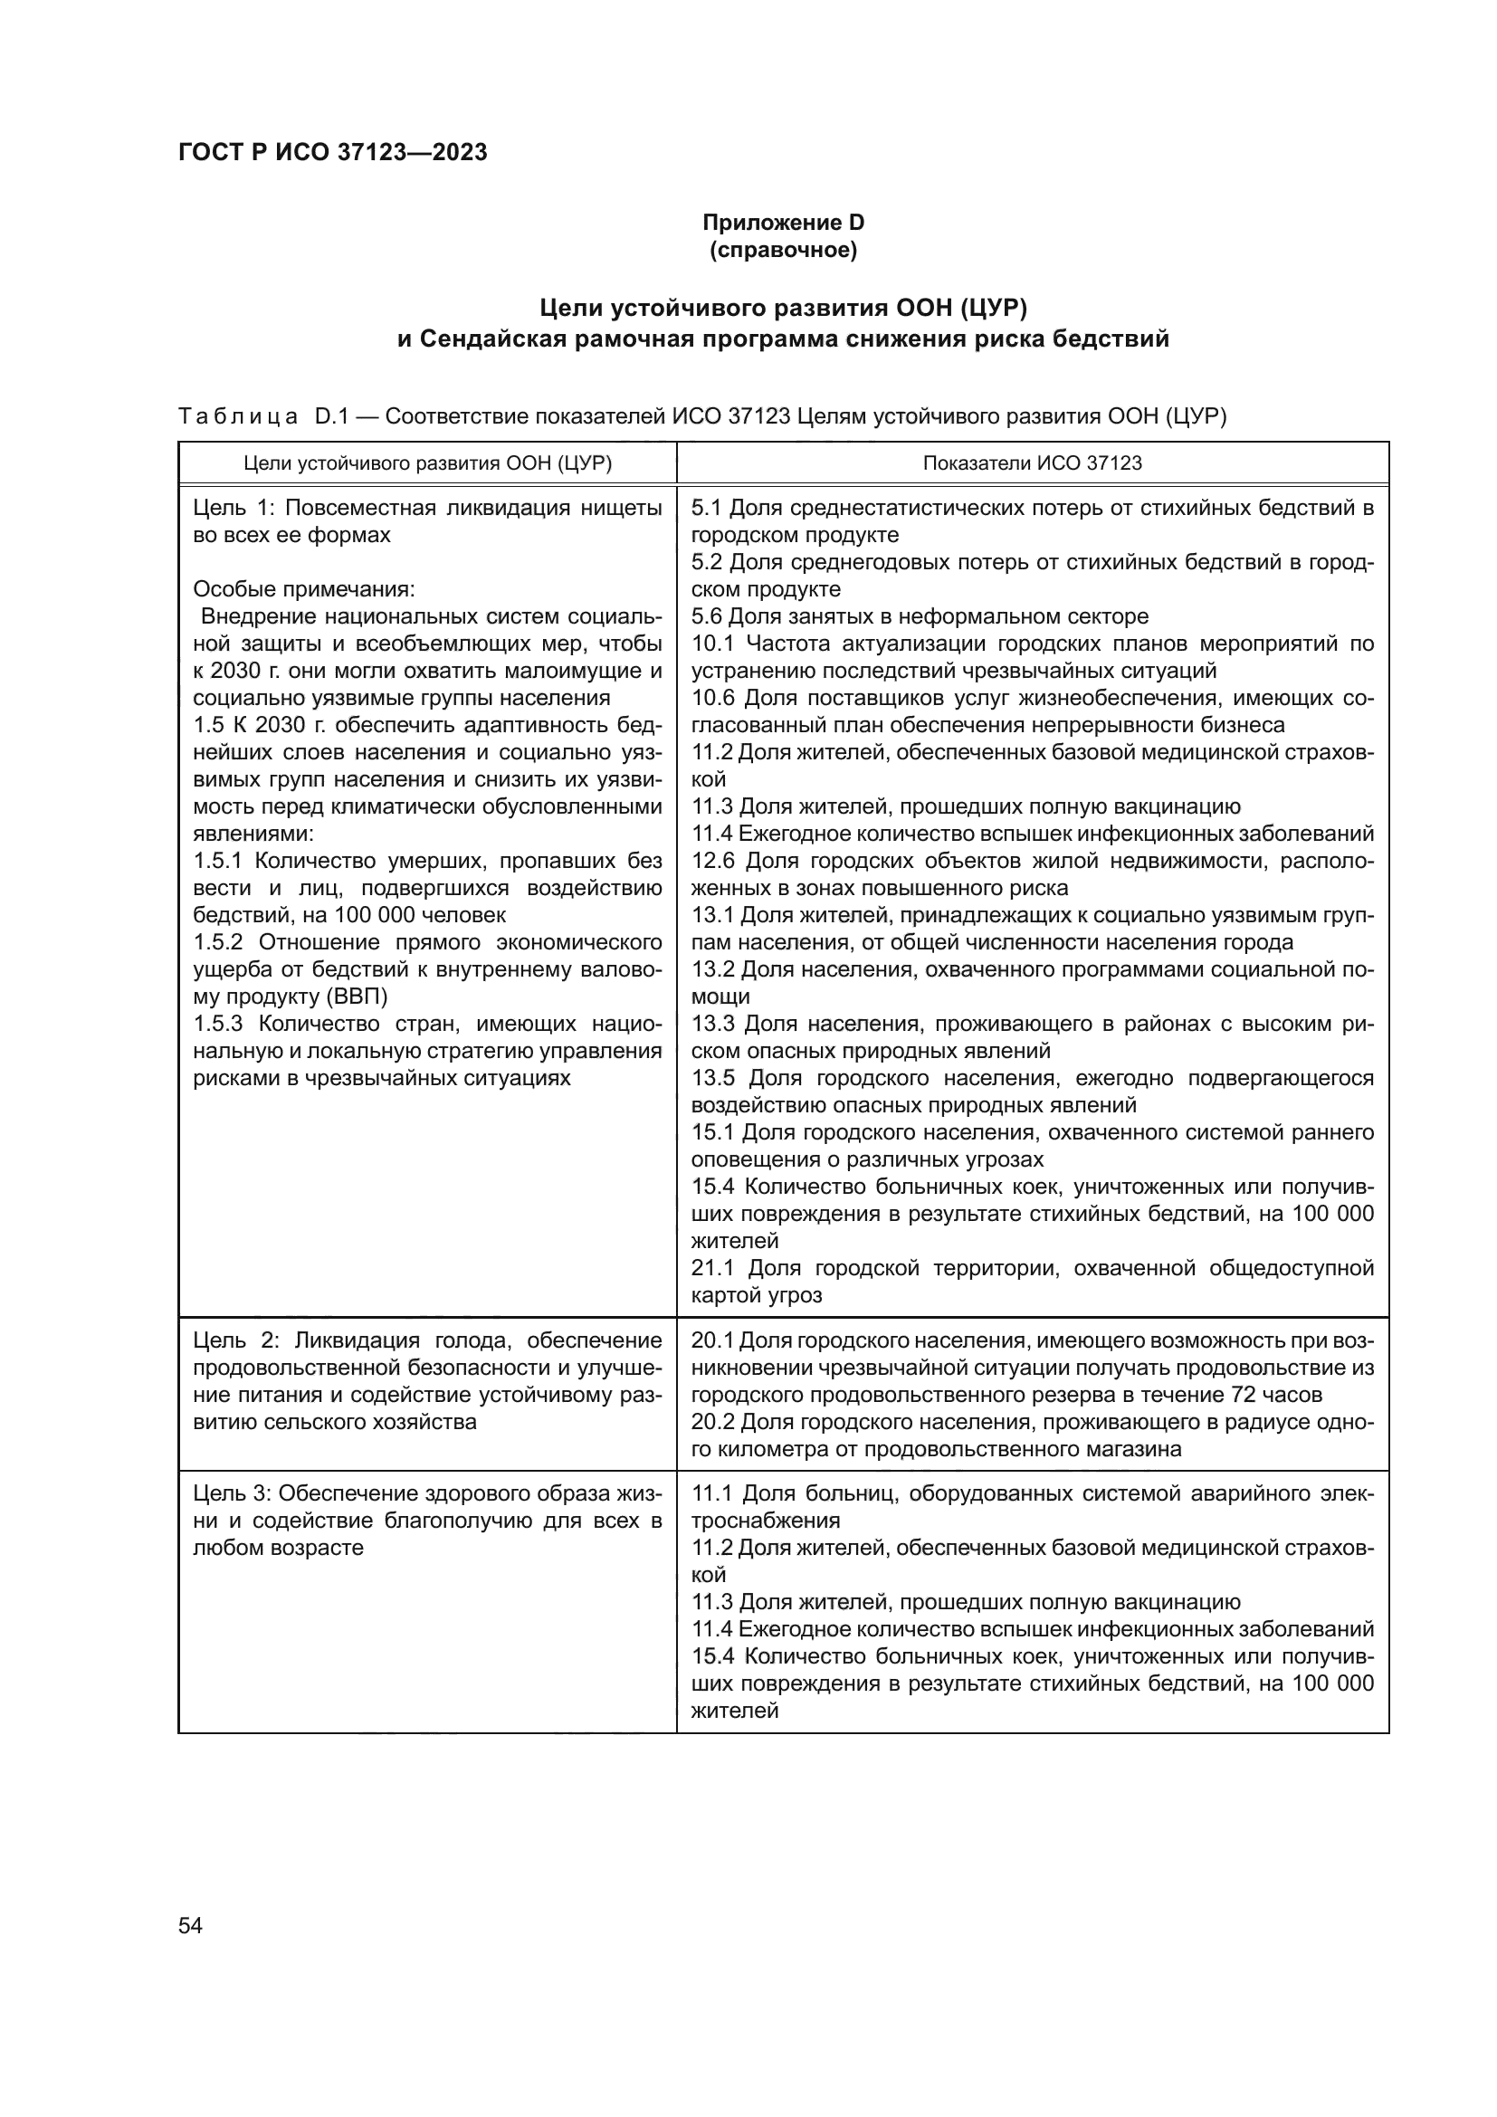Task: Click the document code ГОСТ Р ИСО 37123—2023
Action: (x=332, y=152)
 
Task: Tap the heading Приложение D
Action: (x=783, y=223)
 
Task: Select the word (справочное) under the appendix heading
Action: (x=783, y=250)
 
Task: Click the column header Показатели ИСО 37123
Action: (x=1032, y=462)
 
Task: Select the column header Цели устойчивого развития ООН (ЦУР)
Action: (x=428, y=462)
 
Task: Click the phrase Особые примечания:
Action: (x=304, y=589)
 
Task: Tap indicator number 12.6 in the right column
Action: (x=713, y=861)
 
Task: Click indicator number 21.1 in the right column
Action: (x=713, y=1268)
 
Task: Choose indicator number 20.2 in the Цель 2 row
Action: (x=713, y=1422)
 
